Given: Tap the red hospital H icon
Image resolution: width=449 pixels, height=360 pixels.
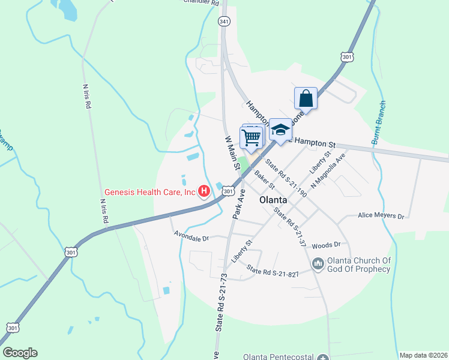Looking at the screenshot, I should (204, 192).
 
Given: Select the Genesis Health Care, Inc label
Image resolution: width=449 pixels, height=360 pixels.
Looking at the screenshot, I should (151, 193).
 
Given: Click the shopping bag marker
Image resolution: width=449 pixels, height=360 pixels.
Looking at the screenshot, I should (306, 99).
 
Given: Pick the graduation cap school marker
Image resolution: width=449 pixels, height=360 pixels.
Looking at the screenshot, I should (280, 130).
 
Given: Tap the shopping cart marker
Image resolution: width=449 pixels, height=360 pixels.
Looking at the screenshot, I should (252, 137).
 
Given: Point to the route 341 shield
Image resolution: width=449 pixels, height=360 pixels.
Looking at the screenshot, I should (224, 21).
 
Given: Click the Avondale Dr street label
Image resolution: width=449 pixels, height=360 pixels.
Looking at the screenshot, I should (191, 236).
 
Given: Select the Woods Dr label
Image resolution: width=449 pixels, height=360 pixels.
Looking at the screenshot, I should (326, 245).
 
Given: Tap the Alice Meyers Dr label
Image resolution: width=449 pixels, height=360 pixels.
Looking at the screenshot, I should (381, 215).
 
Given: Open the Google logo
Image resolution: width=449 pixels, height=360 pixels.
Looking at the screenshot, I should (20, 353).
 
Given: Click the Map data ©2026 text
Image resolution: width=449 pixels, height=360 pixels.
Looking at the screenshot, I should (423, 355).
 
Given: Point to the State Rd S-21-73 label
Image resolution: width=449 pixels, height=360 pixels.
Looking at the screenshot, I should (221, 303).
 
